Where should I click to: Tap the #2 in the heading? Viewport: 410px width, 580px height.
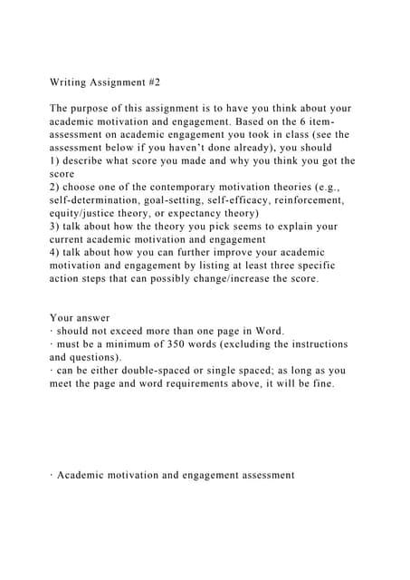(151, 82)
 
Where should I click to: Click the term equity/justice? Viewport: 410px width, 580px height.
(91, 213)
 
